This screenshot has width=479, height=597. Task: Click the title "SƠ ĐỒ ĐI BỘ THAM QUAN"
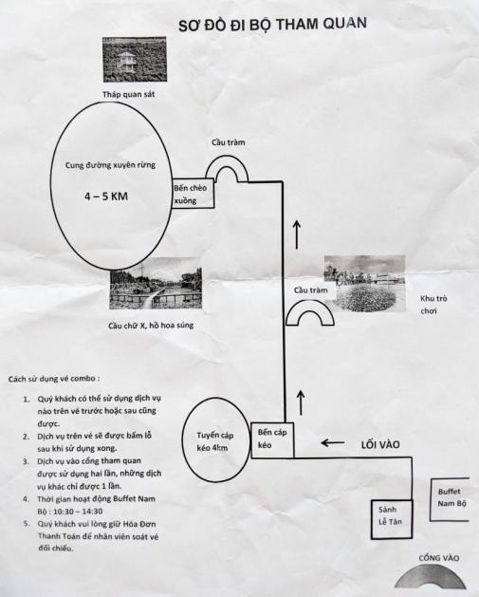click(273, 24)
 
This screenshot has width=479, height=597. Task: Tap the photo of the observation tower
click(135, 60)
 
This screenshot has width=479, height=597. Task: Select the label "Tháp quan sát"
click(129, 94)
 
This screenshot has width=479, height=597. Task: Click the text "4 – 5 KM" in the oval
click(106, 196)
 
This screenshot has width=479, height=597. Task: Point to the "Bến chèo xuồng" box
click(193, 194)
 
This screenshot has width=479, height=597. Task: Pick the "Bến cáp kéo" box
click(272, 439)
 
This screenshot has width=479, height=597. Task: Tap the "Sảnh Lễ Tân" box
click(392, 519)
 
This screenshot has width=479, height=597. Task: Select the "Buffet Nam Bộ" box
click(450, 499)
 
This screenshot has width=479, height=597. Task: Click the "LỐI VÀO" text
click(380, 444)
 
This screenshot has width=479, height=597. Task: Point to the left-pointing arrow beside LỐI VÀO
click(333, 443)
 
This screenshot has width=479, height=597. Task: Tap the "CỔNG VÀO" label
click(438, 558)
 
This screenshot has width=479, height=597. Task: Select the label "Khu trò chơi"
click(433, 305)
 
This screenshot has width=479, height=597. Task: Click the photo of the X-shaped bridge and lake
click(156, 283)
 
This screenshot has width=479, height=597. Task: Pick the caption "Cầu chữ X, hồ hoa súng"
click(151, 326)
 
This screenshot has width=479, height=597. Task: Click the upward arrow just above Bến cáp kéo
click(301, 402)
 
